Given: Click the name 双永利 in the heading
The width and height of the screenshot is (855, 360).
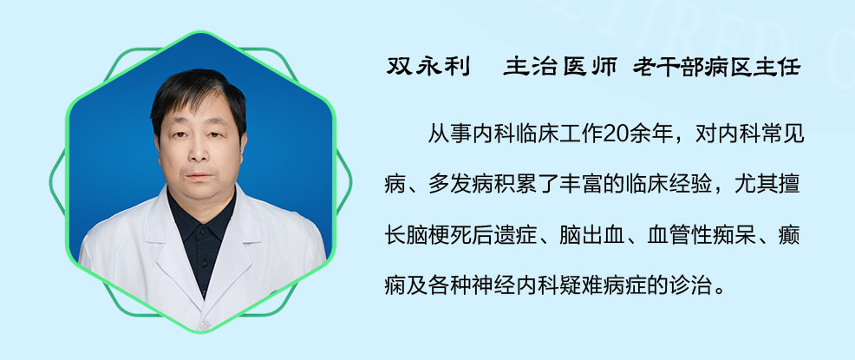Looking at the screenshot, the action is [x=428, y=67].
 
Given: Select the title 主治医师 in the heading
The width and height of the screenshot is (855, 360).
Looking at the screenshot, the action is [x=560, y=67].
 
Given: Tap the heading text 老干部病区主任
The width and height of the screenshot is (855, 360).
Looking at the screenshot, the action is [x=716, y=67].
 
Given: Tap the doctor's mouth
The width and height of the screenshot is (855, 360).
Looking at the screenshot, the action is [x=199, y=176].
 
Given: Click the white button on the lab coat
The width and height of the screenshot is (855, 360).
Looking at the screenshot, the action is [x=205, y=325].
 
